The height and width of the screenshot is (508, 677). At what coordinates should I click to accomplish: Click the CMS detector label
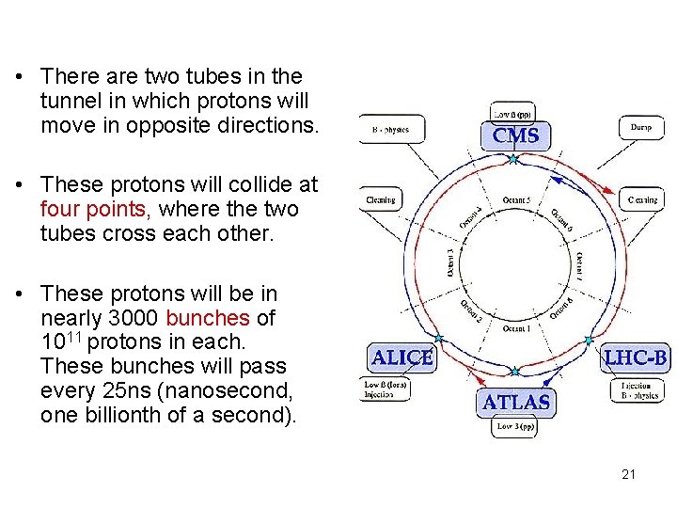(x=516, y=136)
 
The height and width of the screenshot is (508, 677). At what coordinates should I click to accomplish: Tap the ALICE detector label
(x=402, y=358)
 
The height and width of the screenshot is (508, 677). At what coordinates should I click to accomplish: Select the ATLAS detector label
(x=516, y=402)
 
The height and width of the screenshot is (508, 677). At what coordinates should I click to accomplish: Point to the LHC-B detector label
(x=637, y=358)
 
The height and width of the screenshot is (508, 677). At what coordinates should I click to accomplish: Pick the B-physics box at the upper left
(x=392, y=130)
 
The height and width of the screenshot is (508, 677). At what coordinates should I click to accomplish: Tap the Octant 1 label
(x=515, y=328)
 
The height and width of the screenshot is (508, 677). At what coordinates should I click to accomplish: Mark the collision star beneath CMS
(x=513, y=160)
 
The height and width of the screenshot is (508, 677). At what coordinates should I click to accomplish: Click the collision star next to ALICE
(x=438, y=338)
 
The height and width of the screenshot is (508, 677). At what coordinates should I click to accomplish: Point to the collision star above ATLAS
(x=515, y=371)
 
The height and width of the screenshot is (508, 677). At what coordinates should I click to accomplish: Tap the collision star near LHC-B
(x=590, y=340)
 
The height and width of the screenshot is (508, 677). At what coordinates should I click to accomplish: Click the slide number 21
(x=628, y=474)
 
